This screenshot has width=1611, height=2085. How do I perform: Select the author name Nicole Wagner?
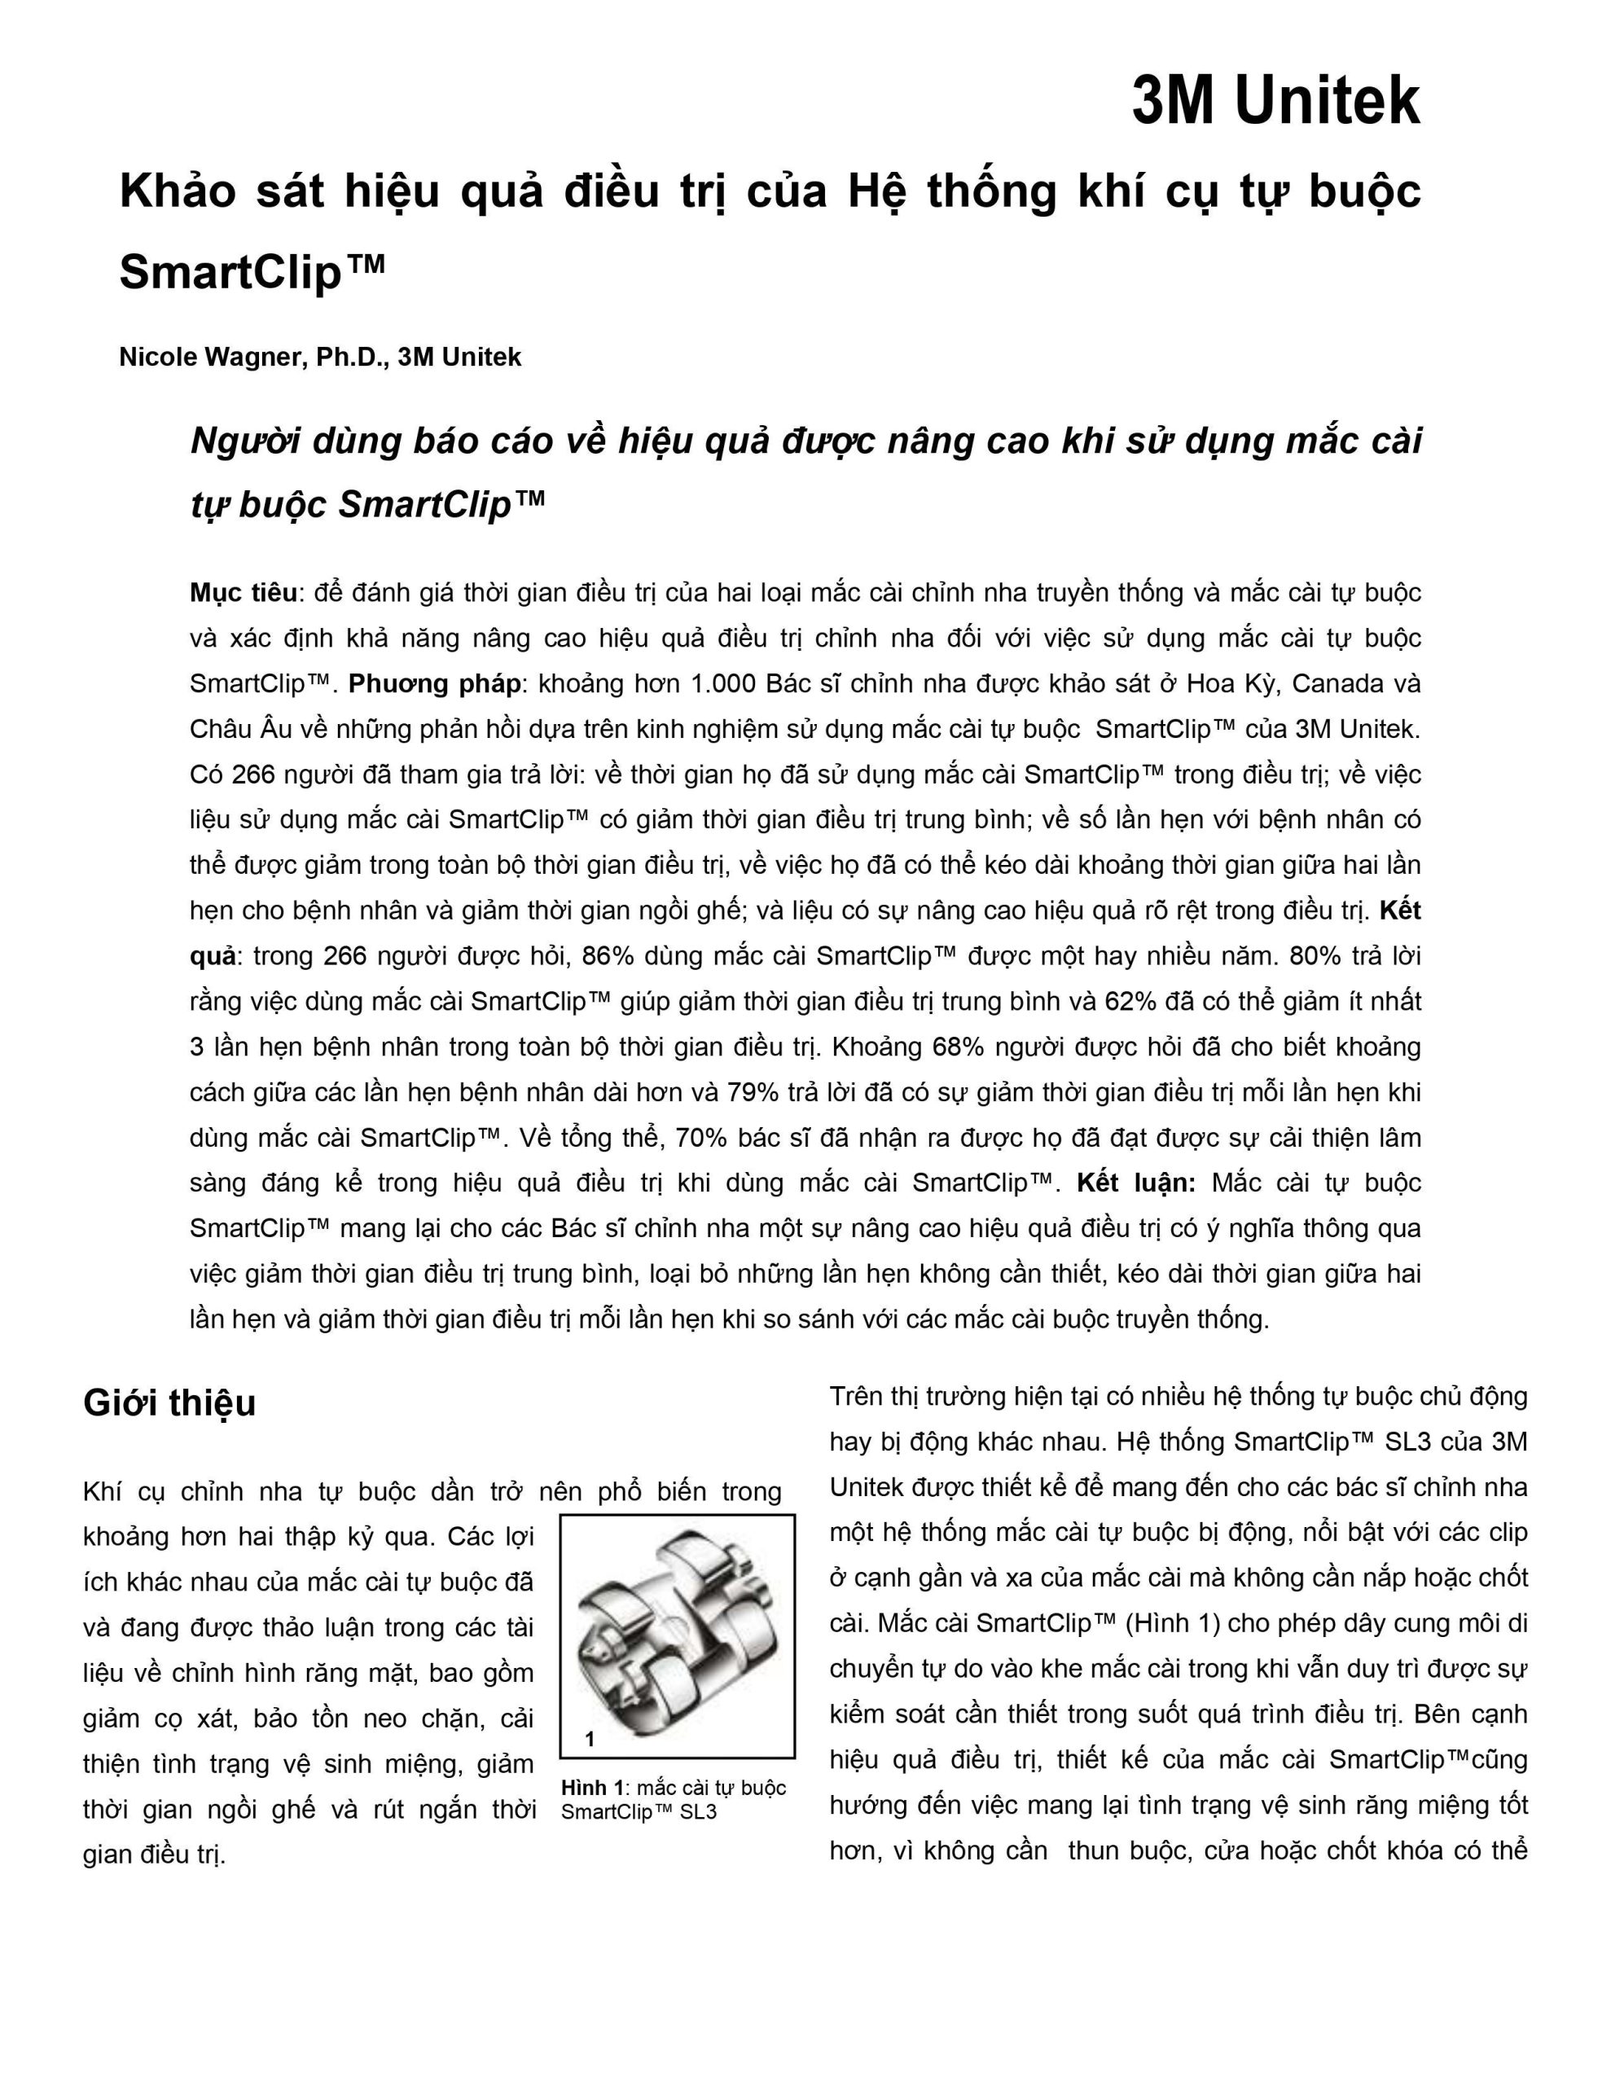click(209, 357)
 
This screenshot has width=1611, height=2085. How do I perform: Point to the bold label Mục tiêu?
click(244, 593)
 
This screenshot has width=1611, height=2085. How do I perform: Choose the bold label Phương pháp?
click(434, 683)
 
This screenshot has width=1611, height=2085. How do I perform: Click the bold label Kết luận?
click(1135, 1183)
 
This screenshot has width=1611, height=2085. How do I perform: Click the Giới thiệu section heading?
click(170, 1403)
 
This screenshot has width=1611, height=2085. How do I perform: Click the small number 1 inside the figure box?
click(590, 1740)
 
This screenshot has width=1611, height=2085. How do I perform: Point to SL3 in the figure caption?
click(698, 1812)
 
